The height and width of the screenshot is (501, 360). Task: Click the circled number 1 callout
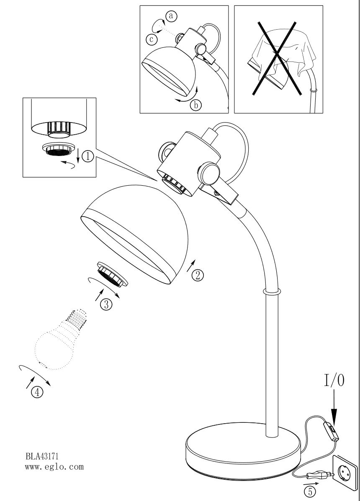tap(88, 156)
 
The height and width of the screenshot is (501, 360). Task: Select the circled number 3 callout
tap(106, 304)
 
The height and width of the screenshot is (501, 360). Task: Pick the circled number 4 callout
tap(37, 392)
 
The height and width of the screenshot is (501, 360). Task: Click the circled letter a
tap(171, 15)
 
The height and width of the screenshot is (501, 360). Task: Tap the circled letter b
tap(195, 105)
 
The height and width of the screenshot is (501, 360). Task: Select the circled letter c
tap(152, 39)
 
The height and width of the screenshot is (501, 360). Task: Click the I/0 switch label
tap(334, 381)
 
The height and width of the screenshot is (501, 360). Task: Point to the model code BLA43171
tap(42, 455)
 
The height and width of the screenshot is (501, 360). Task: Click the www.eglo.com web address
tap(54, 467)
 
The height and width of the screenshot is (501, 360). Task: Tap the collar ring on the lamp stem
tap(271, 292)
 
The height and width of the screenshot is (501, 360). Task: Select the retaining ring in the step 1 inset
tap(59, 149)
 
